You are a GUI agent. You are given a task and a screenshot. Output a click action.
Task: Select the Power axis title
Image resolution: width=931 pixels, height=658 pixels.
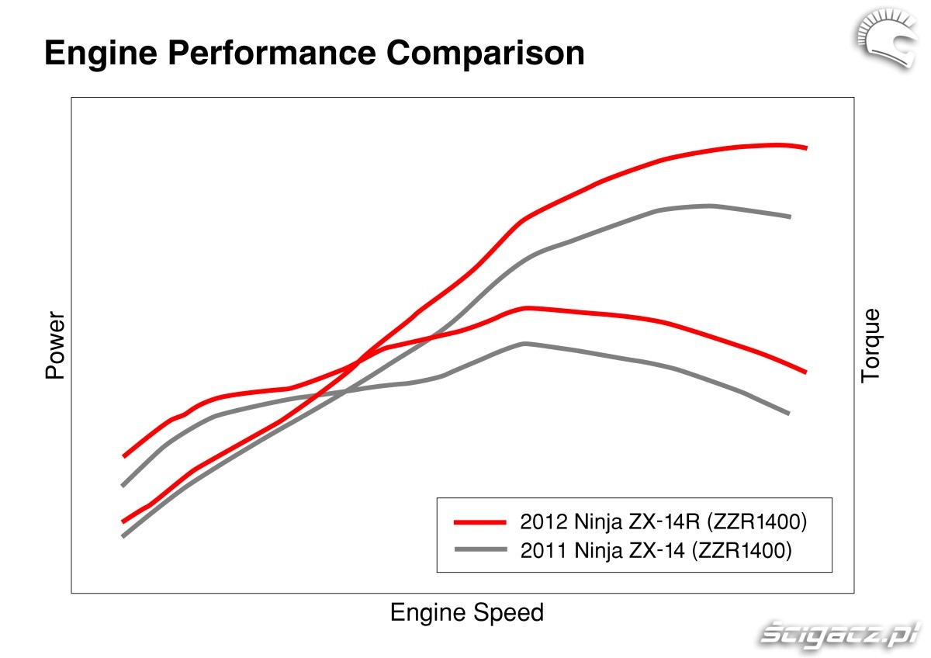55,345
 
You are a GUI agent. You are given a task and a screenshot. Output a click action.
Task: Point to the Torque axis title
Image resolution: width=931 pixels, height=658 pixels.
871,345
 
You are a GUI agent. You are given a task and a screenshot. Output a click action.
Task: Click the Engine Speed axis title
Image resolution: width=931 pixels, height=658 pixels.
466,613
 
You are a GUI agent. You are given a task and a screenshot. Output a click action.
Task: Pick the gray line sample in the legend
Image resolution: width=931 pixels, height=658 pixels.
480,549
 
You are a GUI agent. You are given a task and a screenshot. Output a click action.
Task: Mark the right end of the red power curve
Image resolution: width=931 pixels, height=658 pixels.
806,147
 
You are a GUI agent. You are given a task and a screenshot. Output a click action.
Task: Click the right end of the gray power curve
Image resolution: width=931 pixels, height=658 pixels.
789,216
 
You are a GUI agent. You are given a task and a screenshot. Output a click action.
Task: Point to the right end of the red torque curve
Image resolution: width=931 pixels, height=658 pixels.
806,372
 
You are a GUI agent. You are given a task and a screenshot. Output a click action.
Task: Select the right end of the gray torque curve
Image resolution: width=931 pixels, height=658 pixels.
788,413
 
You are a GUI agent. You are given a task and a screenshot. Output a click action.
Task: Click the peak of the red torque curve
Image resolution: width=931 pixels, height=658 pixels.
528,308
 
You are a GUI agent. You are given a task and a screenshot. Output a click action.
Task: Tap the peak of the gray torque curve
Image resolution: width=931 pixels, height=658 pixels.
525,343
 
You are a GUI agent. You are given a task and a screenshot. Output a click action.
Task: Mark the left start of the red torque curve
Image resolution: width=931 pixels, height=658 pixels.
123,455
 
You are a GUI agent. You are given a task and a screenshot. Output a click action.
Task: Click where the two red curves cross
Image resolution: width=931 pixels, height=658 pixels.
358,360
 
